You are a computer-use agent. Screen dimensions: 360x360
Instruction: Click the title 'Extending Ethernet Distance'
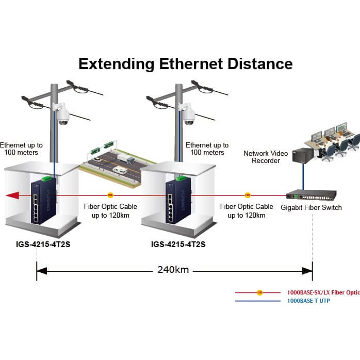(x=185, y=63)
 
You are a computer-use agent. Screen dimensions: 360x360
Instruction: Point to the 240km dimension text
(x=175, y=270)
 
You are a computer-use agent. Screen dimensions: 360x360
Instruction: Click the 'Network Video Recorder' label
(x=262, y=157)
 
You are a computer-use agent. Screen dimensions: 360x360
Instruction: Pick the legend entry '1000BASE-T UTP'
(x=308, y=300)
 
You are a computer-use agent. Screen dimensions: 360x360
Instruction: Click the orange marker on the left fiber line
(x=110, y=195)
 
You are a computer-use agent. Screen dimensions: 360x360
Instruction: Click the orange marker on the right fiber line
(x=248, y=195)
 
